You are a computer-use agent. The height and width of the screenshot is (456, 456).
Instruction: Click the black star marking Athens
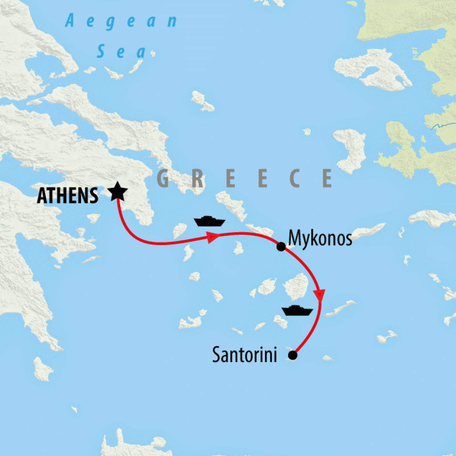pos(118,192)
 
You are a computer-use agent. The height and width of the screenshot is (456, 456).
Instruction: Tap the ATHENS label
pos(68,195)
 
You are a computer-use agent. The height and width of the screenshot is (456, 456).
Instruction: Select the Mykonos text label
pos(320,238)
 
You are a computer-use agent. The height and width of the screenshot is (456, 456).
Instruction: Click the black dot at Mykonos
pos(281,246)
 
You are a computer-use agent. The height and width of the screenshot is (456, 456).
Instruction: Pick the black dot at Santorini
pos(293,355)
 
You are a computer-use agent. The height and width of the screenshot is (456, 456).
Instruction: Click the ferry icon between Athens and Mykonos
pos(210,221)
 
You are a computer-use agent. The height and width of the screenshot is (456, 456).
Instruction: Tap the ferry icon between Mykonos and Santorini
pos(297,310)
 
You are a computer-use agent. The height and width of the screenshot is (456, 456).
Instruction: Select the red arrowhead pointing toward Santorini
pos(319,294)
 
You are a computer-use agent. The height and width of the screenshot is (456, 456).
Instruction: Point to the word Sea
pos(121,52)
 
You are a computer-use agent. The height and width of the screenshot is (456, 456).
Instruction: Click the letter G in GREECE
pos(163,179)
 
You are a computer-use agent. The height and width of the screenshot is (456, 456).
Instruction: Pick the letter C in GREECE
pos(294,179)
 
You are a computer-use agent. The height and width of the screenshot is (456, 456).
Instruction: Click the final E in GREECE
pos(327,179)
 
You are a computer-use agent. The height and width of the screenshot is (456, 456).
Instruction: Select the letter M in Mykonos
pos(295,238)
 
